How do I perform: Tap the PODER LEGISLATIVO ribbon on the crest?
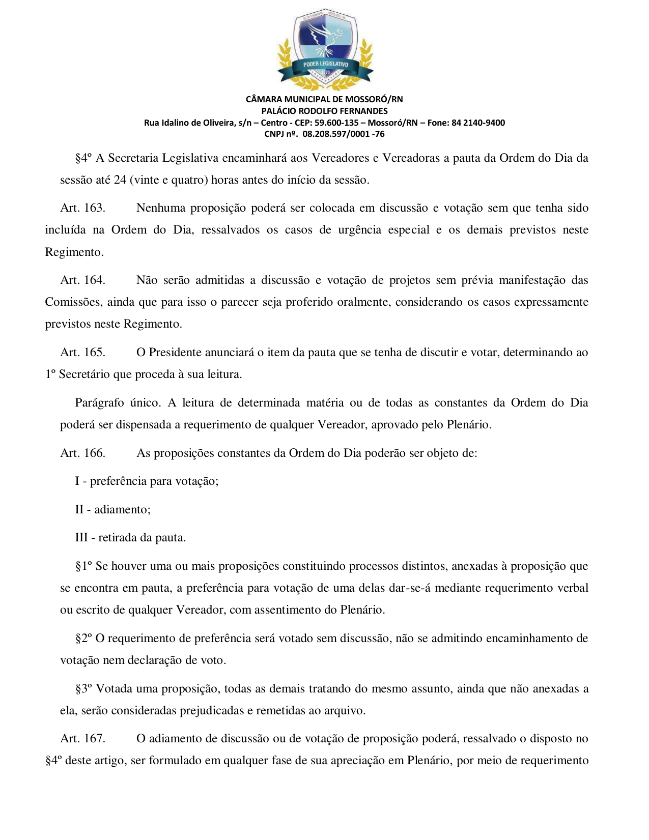click(325, 65)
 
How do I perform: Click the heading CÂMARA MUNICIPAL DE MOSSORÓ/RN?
click(324, 99)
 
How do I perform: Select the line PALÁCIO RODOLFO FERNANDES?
click(324, 111)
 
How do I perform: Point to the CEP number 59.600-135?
click(336, 123)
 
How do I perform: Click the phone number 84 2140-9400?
click(478, 123)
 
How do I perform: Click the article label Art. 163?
click(82, 208)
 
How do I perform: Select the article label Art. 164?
click(82, 280)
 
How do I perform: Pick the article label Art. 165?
click(82, 353)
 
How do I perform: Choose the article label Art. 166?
click(82, 453)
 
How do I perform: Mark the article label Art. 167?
click(82, 739)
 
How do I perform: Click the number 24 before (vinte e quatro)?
click(120, 180)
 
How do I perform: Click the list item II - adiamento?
click(113, 510)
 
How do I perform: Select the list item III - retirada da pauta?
click(130, 538)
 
